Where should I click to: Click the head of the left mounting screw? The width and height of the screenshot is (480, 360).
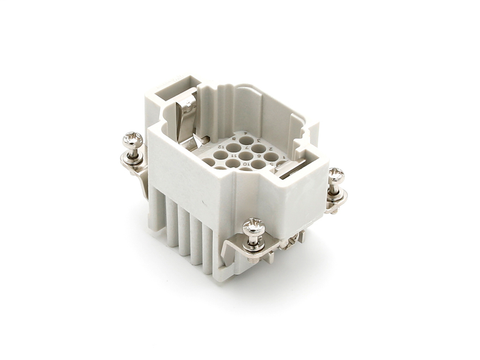[132, 140]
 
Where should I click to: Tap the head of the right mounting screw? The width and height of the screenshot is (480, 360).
[336, 175]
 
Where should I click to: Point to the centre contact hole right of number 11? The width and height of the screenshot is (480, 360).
[232, 158]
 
